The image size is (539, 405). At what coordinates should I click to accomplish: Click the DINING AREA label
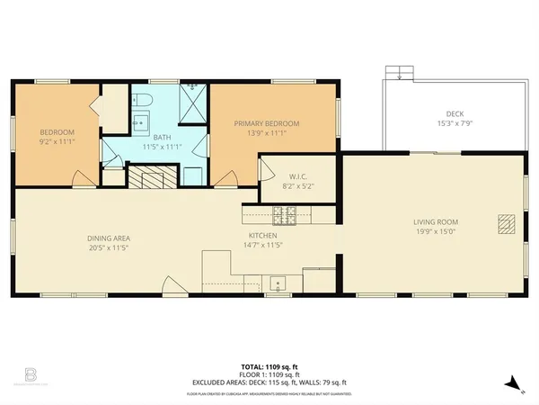click(110, 238)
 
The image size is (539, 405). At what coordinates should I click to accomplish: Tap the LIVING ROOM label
click(436, 221)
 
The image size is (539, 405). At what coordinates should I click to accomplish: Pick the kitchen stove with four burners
click(284, 214)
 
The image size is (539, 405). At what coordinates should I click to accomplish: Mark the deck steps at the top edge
click(397, 73)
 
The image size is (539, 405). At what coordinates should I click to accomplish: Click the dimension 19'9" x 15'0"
click(436, 231)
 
